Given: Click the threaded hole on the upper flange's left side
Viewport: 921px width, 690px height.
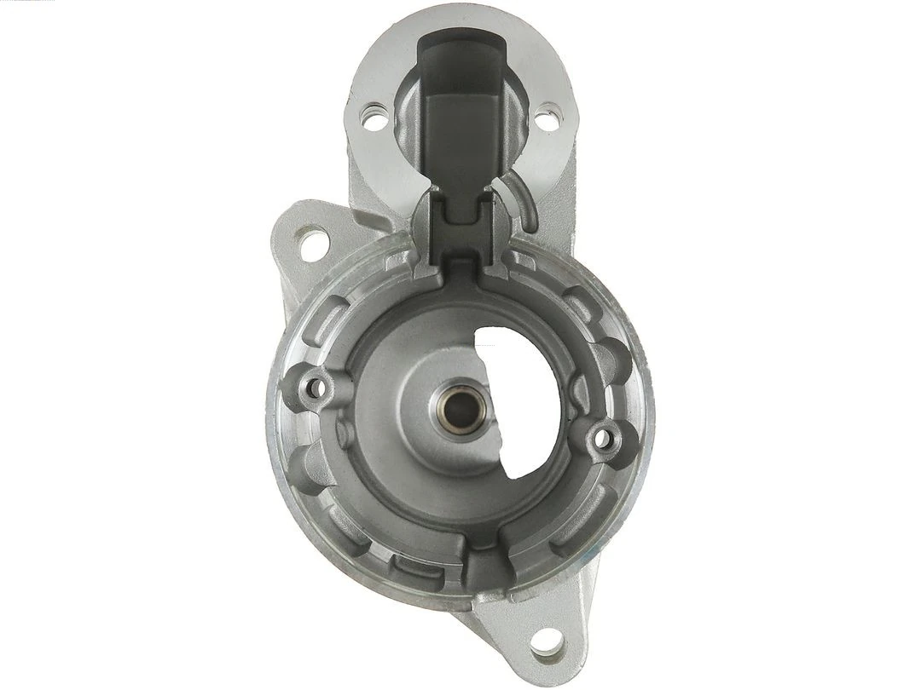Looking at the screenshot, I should click(374, 116).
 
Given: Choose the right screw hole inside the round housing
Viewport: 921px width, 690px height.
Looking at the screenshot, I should click(604, 438).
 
